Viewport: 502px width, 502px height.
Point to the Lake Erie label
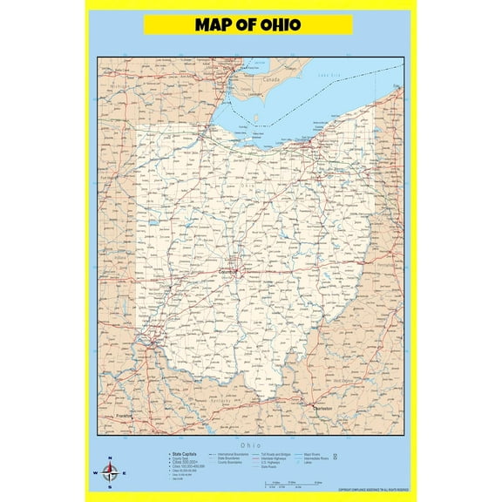[328, 76]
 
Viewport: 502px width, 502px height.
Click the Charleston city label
[323, 408]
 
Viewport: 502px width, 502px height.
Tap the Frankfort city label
[125, 417]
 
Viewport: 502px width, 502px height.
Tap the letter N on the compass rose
[110, 459]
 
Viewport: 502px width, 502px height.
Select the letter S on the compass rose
[110, 486]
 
